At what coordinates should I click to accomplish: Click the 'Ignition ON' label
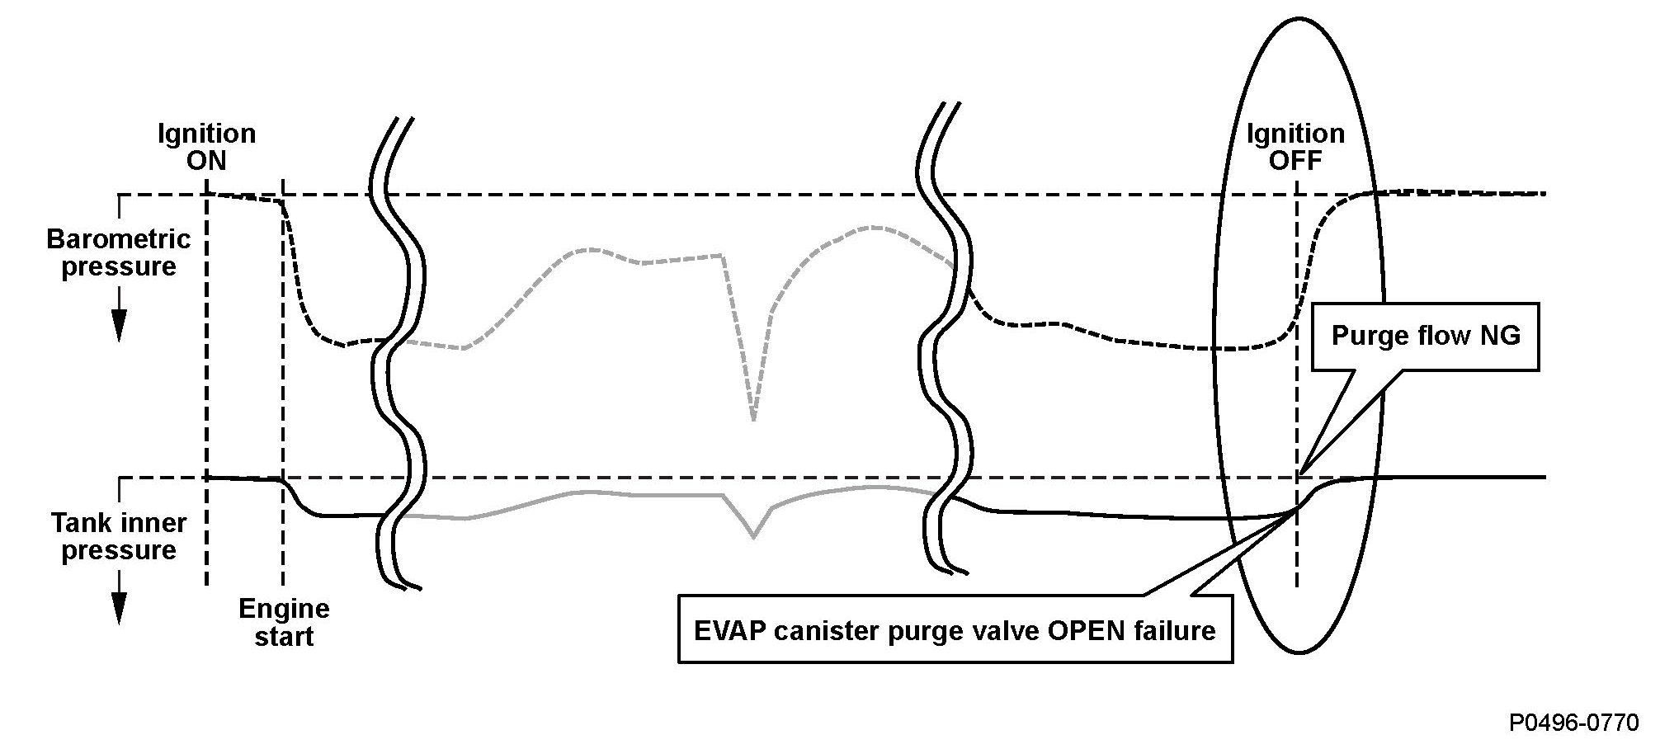[x=206, y=146]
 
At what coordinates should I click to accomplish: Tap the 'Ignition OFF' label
[x=1295, y=146]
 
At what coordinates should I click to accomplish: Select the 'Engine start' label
[x=284, y=623]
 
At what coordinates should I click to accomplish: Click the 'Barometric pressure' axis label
[x=119, y=252]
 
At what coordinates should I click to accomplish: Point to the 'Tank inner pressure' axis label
[x=119, y=536]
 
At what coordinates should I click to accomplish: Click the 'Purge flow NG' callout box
[x=1425, y=335]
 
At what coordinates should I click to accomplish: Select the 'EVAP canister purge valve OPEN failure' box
[x=955, y=631]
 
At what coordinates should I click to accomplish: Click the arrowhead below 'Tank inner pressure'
[x=119, y=611]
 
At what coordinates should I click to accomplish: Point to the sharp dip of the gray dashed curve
[x=752, y=417]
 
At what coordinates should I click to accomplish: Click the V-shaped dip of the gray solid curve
[x=752, y=536]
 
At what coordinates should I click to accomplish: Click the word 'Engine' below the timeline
[x=284, y=609]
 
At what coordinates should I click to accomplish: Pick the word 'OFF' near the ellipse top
[x=1295, y=160]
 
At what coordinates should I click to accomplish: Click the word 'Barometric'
[x=119, y=239]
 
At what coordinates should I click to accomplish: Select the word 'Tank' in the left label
[x=75, y=523]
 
